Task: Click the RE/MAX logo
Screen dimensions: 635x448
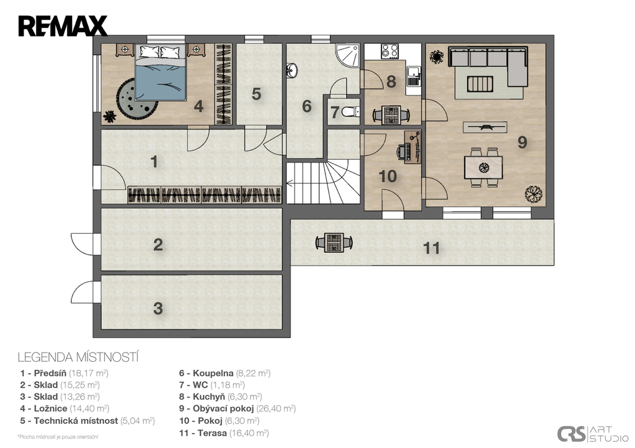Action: point(63,26)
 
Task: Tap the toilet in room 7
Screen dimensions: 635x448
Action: point(349,112)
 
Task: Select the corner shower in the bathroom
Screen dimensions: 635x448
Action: point(347,55)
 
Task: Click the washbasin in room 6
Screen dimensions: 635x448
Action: point(291,70)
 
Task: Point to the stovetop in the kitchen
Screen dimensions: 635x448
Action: point(389,51)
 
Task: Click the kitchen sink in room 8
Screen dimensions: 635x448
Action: point(413,76)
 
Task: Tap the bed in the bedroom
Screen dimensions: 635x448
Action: point(161,72)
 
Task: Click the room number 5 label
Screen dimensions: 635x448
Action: point(256,94)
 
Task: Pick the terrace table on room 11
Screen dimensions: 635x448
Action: point(334,243)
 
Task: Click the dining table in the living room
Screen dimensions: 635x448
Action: point(483,167)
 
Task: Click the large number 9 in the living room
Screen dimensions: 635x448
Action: point(522,142)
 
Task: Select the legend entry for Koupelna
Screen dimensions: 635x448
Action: point(224,373)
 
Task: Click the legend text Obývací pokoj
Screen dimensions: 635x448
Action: point(223,408)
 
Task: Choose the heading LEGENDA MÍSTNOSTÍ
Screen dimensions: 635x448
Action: point(78,358)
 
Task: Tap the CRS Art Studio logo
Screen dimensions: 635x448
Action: point(593,434)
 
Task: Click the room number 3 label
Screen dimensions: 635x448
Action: point(158,309)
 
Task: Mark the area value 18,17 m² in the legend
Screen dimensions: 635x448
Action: point(89,373)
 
